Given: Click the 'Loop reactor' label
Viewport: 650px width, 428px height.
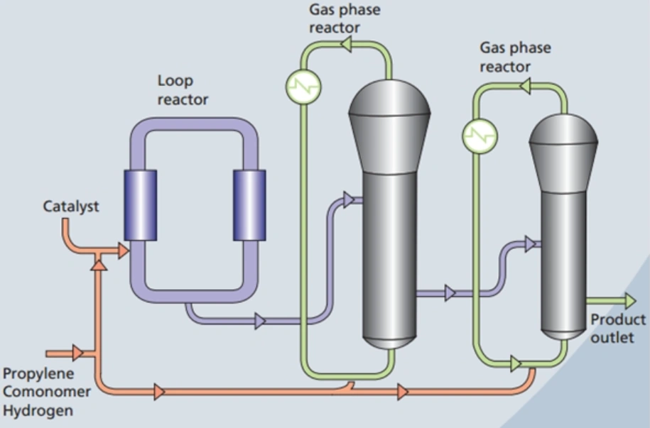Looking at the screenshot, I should point(183,90).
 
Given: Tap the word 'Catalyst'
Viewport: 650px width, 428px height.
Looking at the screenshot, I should point(71,207).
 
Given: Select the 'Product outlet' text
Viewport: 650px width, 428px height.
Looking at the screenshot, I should point(617,328).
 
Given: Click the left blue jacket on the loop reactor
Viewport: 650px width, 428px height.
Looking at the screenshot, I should point(140,205).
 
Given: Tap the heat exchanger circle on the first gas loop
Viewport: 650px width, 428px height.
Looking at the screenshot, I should point(303,87).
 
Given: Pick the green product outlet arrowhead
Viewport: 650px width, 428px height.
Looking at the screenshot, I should point(629,301).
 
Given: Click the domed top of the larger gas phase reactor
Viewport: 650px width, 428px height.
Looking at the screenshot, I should point(390,106).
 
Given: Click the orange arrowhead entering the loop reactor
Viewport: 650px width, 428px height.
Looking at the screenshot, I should point(124,250).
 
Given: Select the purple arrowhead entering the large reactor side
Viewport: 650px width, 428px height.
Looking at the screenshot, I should point(349,200).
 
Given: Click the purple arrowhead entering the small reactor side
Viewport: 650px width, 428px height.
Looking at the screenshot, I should point(530,243).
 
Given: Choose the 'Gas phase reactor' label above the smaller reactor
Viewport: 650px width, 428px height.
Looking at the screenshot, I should point(514,57).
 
